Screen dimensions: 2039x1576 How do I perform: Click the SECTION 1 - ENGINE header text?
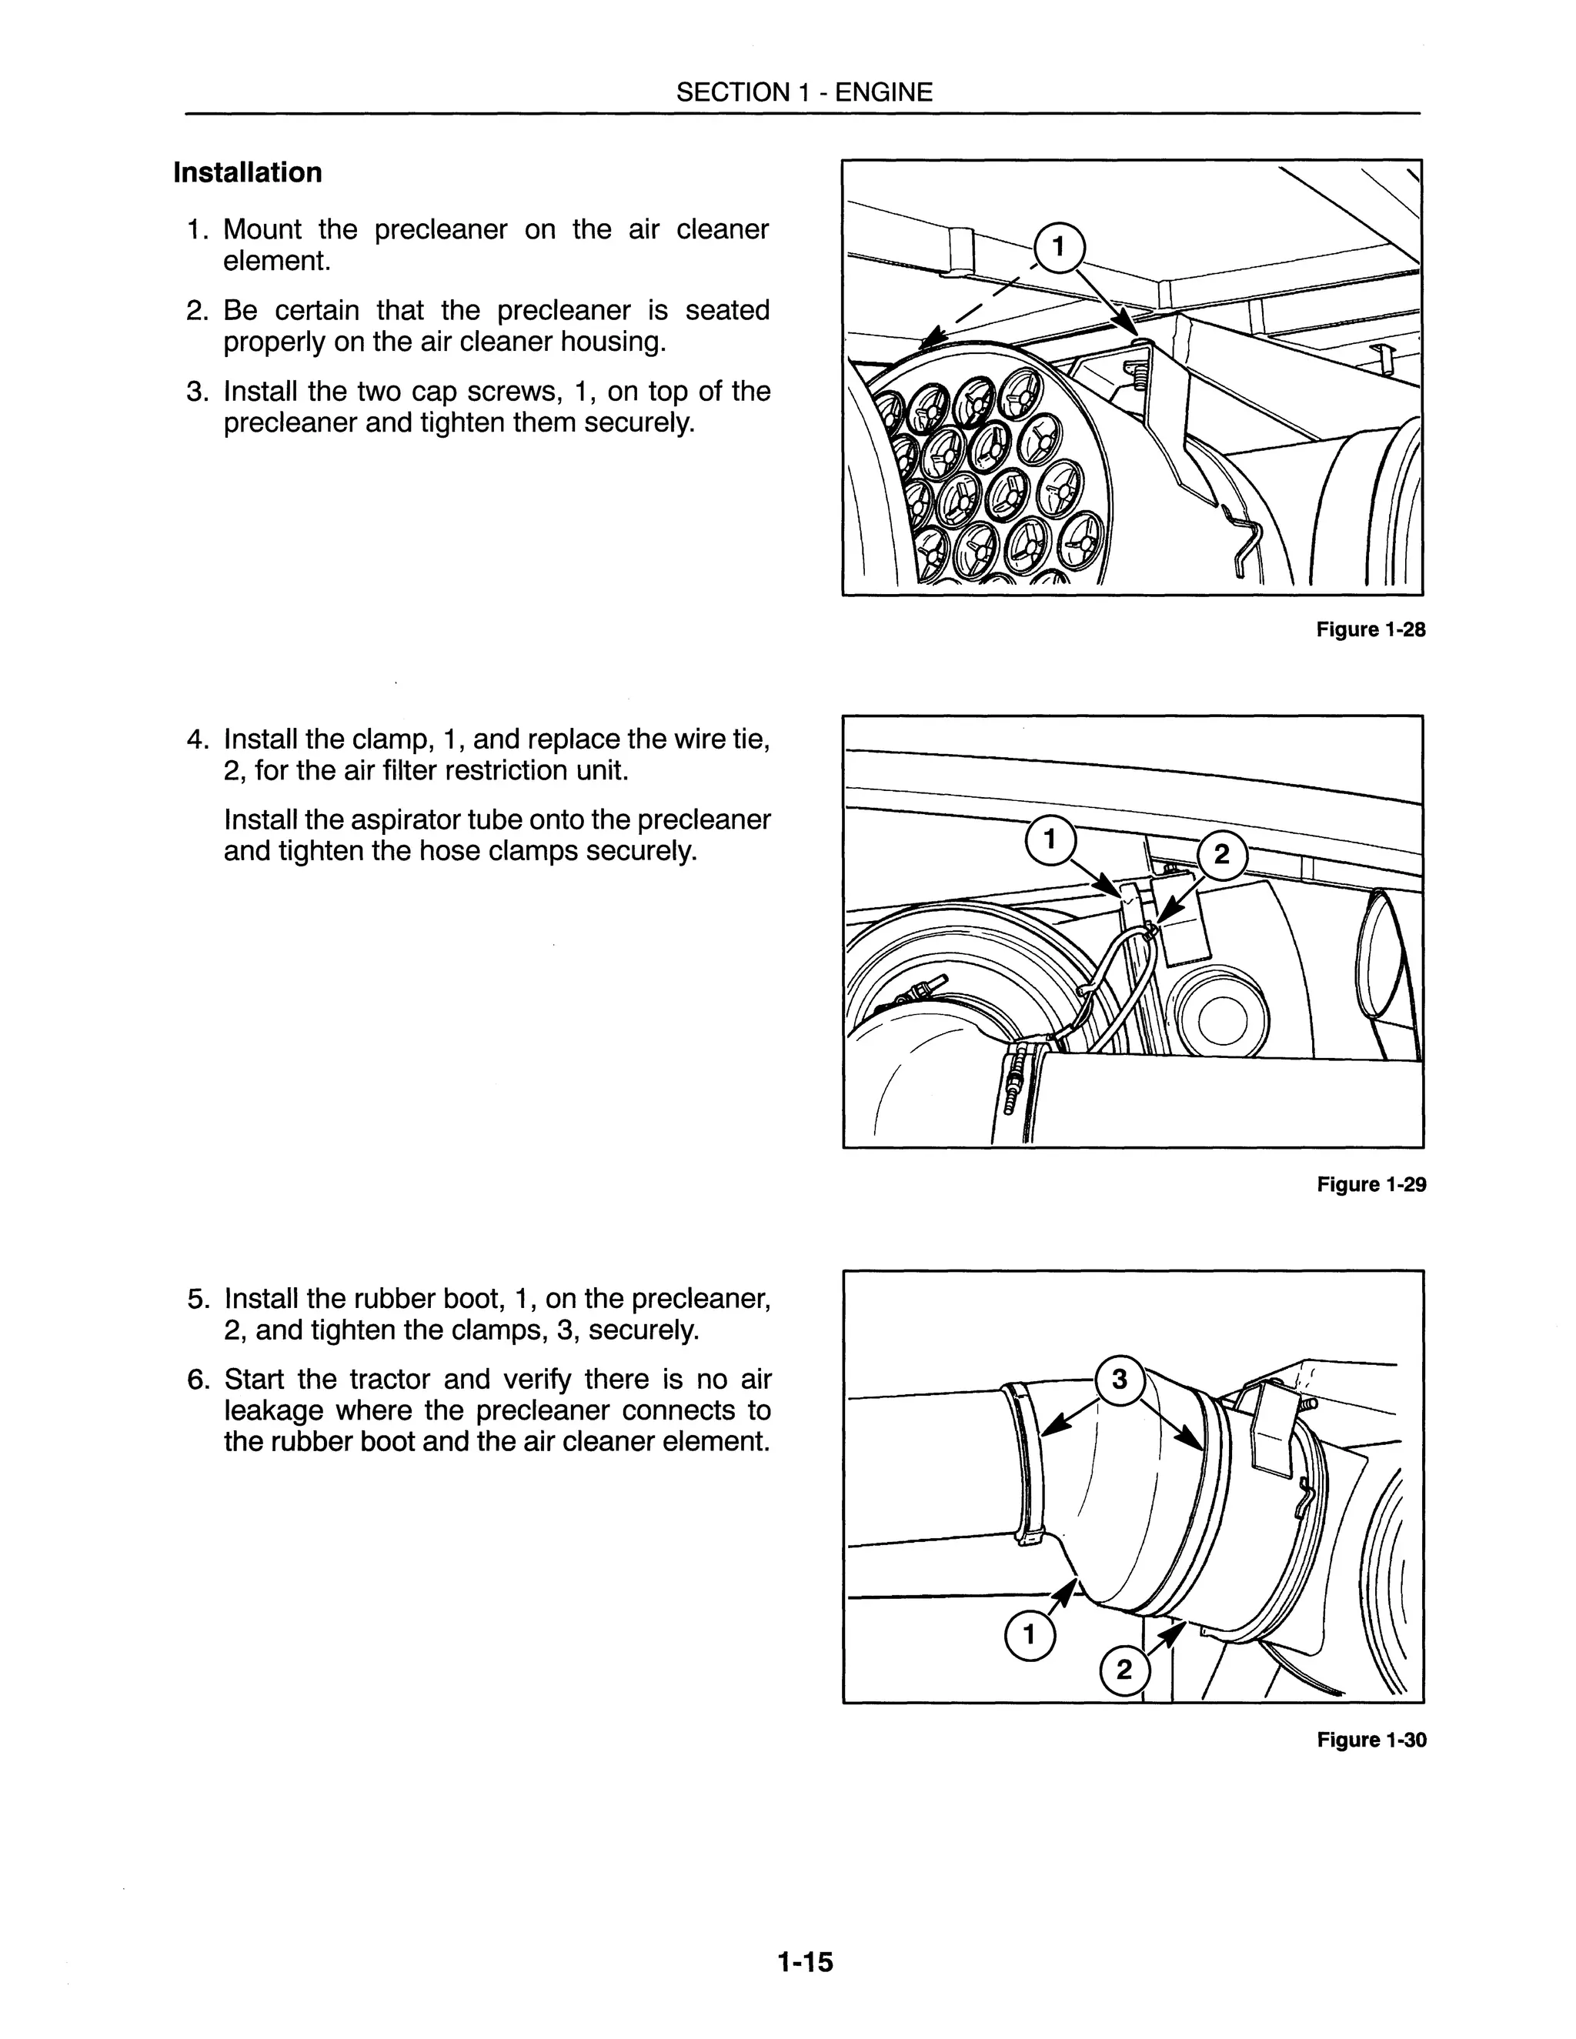coord(804,92)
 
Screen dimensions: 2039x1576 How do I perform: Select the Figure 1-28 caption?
coord(1371,629)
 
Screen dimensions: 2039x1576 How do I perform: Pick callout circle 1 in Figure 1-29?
coord(1050,840)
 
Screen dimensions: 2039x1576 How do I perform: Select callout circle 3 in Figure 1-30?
coord(1120,1379)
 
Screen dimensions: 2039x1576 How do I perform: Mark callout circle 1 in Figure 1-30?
coord(1029,1636)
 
